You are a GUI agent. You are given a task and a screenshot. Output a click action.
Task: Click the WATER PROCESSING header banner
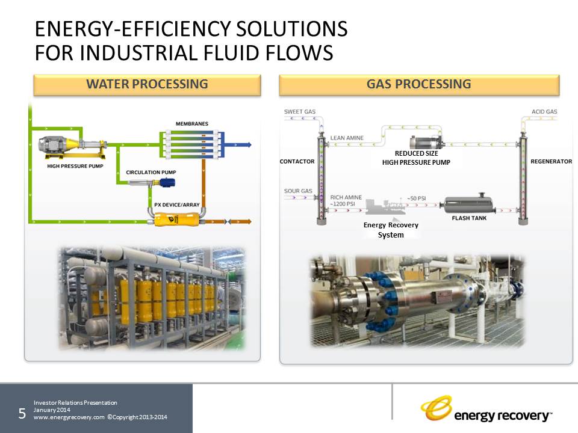(147, 85)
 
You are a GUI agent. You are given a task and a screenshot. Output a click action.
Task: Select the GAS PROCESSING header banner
(419, 85)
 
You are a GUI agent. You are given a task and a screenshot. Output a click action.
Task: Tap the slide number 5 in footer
(22, 413)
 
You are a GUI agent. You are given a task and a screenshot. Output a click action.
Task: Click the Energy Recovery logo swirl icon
(436, 408)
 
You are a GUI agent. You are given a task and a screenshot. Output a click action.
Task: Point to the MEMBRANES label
(191, 124)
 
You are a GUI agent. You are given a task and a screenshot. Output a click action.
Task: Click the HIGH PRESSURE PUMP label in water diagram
(74, 166)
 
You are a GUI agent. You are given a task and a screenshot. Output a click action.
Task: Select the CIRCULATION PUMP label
(151, 173)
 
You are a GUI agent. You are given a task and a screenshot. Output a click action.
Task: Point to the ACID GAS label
(544, 112)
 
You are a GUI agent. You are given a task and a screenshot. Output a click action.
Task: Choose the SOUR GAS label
(298, 191)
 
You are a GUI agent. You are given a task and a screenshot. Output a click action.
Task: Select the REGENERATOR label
(550, 162)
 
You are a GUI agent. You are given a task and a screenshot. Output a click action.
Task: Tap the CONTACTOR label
(297, 162)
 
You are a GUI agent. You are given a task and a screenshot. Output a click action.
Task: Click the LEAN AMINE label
(347, 138)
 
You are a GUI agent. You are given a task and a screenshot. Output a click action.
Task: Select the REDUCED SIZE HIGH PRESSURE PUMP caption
(416, 158)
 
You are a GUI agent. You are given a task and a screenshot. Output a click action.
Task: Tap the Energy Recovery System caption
(391, 230)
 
